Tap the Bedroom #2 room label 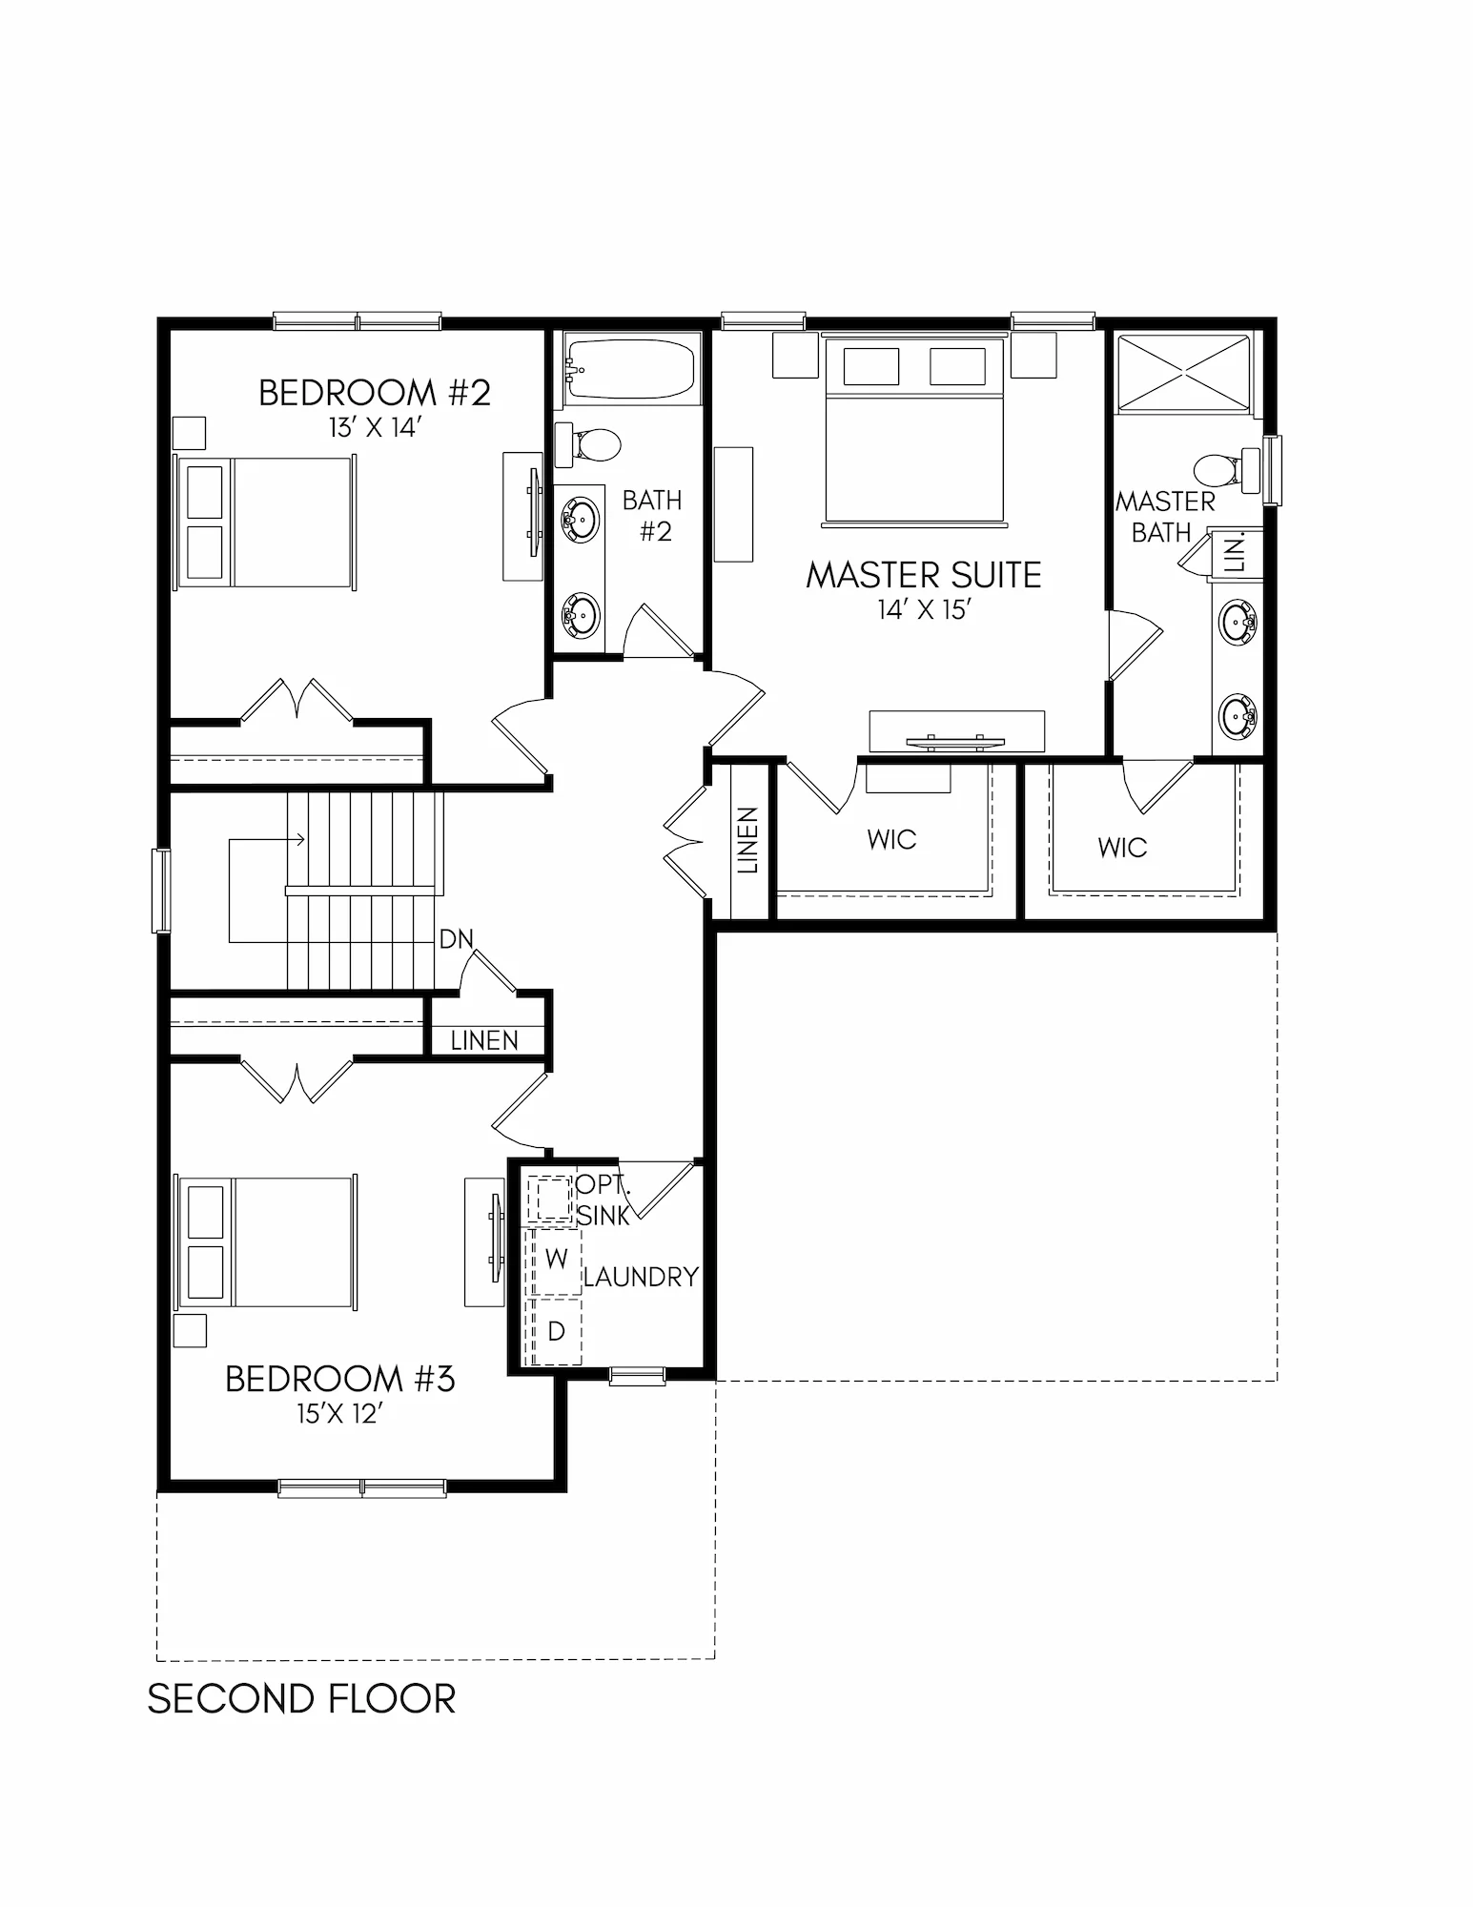(x=375, y=393)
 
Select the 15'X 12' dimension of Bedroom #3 (x=339, y=1414)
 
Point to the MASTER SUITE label (x=924, y=575)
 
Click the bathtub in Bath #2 (x=629, y=370)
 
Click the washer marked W (x=556, y=1260)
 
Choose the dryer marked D (x=556, y=1330)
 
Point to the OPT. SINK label (x=604, y=1200)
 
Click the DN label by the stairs (x=456, y=939)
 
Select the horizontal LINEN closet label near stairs (x=484, y=1040)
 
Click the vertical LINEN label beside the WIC (x=748, y=840)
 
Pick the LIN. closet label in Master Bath (x=1235, y=553)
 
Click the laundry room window (x=638, y=1376)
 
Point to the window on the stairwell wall (x=161, y=891)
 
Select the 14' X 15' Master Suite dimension (x=924, y=610)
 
